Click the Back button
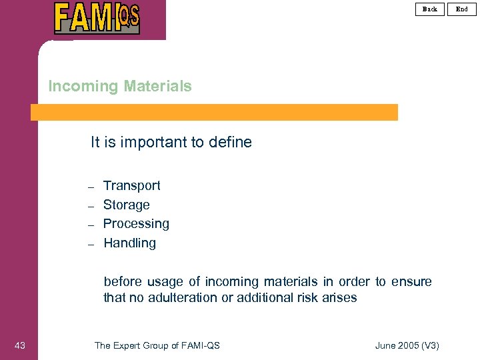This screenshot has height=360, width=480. (x=429, y=9)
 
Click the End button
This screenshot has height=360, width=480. (x=461, y=9)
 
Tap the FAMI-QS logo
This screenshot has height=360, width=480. (x=97, y=18)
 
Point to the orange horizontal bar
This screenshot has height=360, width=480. (x=214, y=112)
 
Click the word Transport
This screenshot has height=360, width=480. (x=132, y=185)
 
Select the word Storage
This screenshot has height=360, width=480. (x=127, y=205)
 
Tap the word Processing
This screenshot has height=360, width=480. (x=136, y=223)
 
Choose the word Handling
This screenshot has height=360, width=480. (x=129, y=243)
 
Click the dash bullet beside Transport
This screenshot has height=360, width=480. (x=92, y=186)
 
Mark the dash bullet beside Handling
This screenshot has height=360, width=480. (x=92, y=244)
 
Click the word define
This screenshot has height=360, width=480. (x=230, y=142)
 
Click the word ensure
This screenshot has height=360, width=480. (x=411, y=281)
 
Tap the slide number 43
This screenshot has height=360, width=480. (x=20, y=345)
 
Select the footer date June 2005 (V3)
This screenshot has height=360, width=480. (x=407, y=345)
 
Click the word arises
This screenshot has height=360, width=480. (x=338, y=297)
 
